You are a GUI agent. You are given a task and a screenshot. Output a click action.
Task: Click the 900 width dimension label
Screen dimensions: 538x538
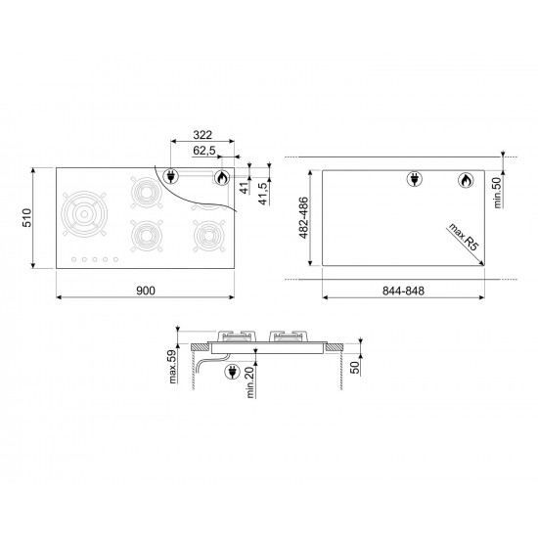coord(146,291)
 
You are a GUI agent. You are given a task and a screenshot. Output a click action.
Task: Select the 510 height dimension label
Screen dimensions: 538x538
coord(26,217)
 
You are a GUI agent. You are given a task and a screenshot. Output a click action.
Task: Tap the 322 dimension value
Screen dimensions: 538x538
coord(202,135)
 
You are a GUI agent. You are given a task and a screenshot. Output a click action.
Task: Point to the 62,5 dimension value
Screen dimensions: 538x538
coord(204,151)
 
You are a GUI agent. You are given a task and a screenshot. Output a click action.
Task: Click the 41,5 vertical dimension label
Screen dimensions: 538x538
coord(262,194)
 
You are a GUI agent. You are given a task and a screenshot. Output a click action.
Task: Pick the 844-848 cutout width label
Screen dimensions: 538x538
coord(403,291)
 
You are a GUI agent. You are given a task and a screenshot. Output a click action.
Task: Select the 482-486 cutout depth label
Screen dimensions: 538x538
coord(303,218)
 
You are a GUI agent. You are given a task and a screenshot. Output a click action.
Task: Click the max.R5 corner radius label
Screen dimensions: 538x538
coord(463,237)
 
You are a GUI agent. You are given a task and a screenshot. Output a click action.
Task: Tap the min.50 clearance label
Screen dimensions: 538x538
coord(497,193)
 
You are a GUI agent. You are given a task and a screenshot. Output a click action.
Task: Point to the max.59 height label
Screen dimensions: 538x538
coord(172,367)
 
